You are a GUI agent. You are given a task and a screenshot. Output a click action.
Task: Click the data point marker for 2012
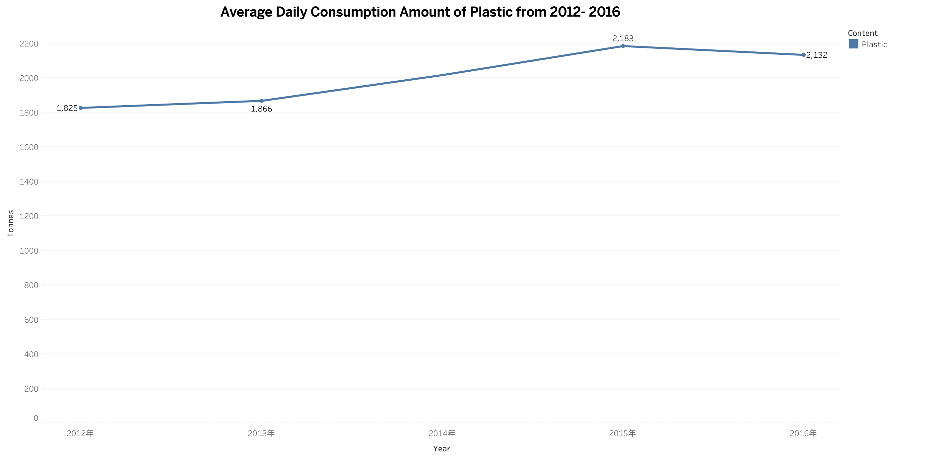81,108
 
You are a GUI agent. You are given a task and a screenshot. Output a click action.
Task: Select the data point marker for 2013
262,101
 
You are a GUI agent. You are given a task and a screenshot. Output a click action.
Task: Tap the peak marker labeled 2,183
623,46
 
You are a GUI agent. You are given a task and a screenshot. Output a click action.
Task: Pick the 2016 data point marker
804,55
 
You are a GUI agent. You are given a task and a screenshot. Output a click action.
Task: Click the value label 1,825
67,108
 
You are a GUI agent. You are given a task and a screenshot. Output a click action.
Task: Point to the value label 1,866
261,109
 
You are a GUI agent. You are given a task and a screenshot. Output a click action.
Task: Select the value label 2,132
817,55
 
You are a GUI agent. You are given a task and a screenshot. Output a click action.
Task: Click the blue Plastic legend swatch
853,44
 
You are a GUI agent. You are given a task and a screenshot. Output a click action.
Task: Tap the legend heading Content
862,33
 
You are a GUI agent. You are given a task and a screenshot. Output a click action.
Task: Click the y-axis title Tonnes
11,223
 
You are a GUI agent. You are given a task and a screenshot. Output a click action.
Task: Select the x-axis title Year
441,448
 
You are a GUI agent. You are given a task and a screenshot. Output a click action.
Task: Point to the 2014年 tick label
441,433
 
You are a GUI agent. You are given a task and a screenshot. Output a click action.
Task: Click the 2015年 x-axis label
622,433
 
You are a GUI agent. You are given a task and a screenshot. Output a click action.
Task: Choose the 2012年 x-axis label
80,433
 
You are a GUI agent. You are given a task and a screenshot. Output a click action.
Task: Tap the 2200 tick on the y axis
29,44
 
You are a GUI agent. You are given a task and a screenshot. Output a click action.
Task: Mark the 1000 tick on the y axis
29,251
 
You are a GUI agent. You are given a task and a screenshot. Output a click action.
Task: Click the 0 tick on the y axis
36,418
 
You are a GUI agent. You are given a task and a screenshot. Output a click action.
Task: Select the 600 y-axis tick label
31,320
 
